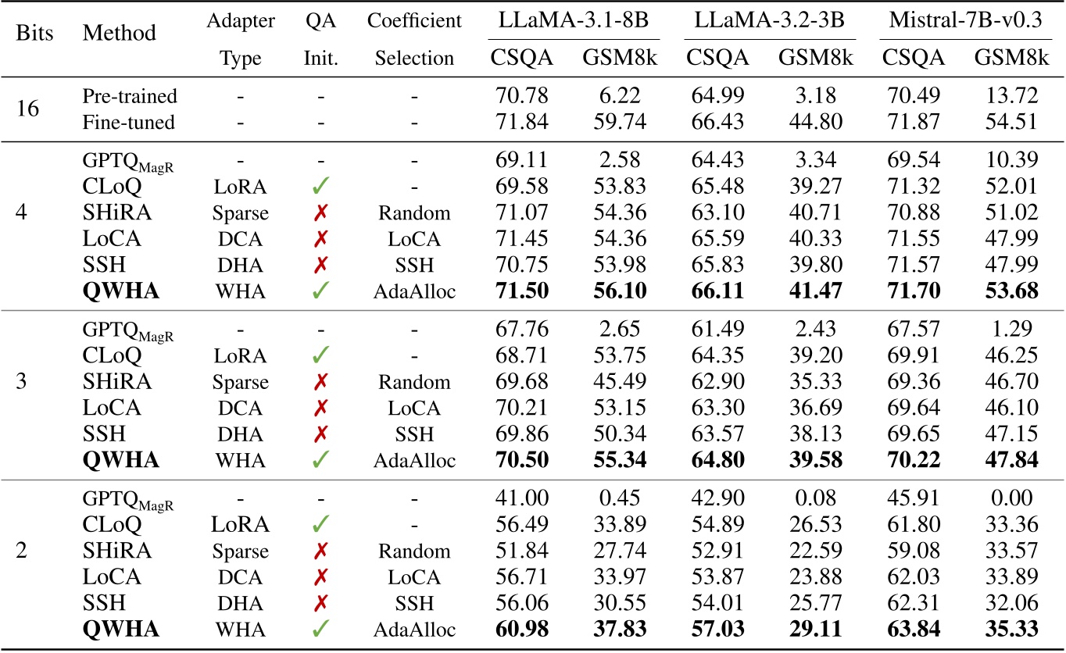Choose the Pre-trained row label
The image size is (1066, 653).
130,96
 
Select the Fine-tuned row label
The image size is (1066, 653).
130,122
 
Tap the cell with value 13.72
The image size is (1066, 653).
1007,96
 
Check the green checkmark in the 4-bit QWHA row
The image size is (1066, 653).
320,291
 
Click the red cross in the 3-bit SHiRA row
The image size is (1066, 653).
320,382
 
